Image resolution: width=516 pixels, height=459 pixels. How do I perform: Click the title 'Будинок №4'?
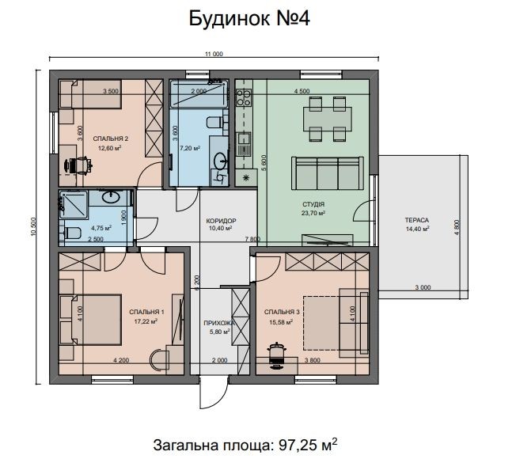coord(249,19)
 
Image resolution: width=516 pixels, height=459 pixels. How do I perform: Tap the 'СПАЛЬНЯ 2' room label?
coord(111,138)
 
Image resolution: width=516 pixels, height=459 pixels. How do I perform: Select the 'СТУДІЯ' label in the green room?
coord(313,204)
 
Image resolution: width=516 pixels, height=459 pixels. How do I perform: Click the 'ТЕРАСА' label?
coord(417,220)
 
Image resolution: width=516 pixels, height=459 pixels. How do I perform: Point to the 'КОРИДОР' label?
coord(221,221)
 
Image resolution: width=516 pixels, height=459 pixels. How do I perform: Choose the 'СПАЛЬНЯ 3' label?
coord(282,312)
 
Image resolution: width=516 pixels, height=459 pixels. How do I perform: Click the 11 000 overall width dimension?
coord(214,55)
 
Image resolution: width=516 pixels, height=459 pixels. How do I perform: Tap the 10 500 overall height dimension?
coord(33,226)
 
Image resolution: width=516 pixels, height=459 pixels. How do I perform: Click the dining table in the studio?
coord(328,119)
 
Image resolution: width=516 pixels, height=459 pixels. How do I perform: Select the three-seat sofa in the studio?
coord(328,173)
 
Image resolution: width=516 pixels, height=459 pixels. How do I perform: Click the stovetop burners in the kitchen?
coord(244,97)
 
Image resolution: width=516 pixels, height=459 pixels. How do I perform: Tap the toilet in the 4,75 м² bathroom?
coord(71,233)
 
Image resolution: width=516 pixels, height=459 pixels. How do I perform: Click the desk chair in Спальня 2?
coord(79,165)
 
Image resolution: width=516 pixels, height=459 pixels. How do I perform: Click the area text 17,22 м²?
coord(146,321)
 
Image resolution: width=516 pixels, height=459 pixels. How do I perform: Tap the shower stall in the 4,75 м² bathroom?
coord(73,204)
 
